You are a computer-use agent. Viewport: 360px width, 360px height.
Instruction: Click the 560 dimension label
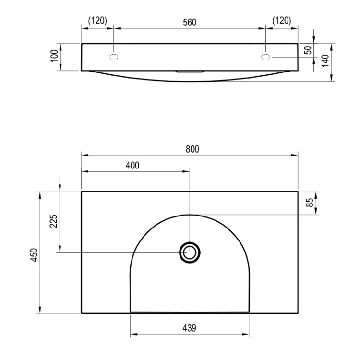click(x=190, y=22)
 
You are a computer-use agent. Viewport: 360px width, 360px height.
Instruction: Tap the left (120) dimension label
click(x=97, y=21)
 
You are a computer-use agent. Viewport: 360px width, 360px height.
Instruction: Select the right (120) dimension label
click(x=282, y=21)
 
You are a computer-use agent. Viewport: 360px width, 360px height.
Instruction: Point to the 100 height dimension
click(x=54, y=56)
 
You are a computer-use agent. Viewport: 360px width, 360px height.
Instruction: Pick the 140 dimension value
click(x=325, y=60)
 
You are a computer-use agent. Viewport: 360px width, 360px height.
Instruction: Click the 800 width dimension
click(x=192, y=149)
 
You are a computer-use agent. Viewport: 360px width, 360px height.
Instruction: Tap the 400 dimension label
click(x=132, y=165)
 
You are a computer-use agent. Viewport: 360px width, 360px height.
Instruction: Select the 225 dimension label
click(x=53, y=221)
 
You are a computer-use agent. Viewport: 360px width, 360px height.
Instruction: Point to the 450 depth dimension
click(x=34, y=255)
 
